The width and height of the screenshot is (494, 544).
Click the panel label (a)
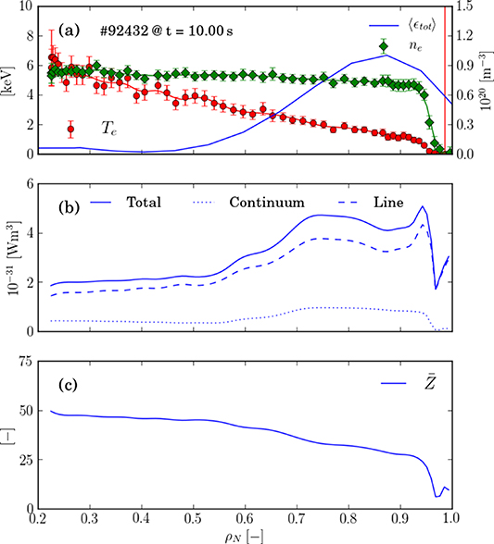click(x=71, y=30)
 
